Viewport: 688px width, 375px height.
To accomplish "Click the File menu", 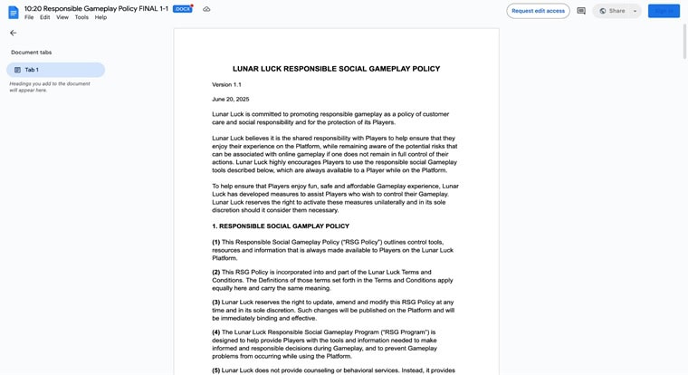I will coord(29,17).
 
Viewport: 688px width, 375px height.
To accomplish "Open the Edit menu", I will coord(44,17).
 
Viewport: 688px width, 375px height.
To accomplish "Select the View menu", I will coord(62,17).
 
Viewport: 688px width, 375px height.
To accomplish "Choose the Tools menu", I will coord(81,17).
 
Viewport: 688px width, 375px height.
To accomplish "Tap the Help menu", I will coord(100,17).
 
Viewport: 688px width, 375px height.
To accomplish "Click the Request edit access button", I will coord(538,11).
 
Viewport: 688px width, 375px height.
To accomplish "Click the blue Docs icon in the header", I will coord(13,12).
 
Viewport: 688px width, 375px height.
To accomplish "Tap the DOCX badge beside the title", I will coord(182,8).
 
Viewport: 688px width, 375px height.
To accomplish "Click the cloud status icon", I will coord(206,9).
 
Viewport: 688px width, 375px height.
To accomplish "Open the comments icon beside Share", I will coord(581,11).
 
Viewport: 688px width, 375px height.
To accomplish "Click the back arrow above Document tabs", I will coord(13,33).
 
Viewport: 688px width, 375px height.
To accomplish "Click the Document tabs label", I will coord(31,53).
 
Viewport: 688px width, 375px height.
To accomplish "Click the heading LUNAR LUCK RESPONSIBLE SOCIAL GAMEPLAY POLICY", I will coord(336,69).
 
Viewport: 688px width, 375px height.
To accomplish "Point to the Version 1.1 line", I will coord(226,84).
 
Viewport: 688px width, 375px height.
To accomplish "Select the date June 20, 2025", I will coord(230,99).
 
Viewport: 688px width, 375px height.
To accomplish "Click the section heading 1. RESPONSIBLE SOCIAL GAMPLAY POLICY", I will coord(281,226).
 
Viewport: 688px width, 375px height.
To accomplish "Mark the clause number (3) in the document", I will coord(216,302).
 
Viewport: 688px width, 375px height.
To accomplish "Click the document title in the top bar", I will coord(96,8).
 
